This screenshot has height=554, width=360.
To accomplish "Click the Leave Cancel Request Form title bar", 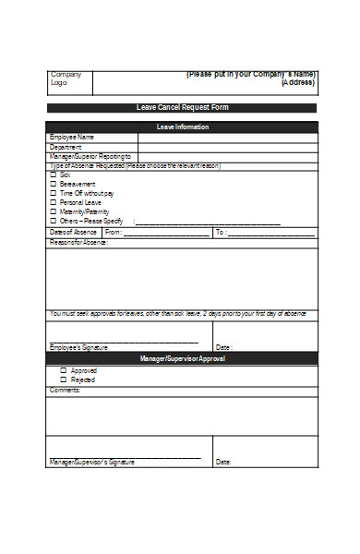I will pyautogui.click(x=182, y=108).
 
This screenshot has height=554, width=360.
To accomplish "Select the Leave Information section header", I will pyautogui.click(x=182, y=126).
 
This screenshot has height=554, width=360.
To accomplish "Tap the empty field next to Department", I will pyautogui.click(x=227, y=147).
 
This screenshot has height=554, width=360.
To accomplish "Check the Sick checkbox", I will pyautogui.click(x=54, y=175).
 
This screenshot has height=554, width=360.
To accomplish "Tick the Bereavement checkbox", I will pyautogui.click(x=54, y=184).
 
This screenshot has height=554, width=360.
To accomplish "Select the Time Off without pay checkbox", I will pyautogui.click(x=54, y=193).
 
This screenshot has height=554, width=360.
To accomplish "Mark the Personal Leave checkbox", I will pyautogui.click(x=54, y=202).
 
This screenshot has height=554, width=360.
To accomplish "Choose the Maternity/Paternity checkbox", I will pyautogui.click(x=54, y=211).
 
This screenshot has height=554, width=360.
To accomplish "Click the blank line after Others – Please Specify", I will pyautogui.click(x=208, y=222).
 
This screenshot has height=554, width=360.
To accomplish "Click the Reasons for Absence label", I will pyautogui.click(x=78, y=243).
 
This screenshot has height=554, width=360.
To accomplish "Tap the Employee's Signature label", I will pyautogui.click(x=78, y=348).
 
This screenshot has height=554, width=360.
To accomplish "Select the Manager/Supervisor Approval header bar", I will pyautogui.click(x=182, y=357).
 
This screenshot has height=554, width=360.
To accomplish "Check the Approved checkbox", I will pyautogui.click(x=63, y=370).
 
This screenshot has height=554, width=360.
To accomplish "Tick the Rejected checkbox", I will pyautogui.click(x=63, y=379).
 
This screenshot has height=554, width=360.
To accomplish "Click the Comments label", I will pyautogui.click(x=65, y=390).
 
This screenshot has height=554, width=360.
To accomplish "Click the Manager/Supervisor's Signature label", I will pyautogui.click(x=91, y=462).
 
